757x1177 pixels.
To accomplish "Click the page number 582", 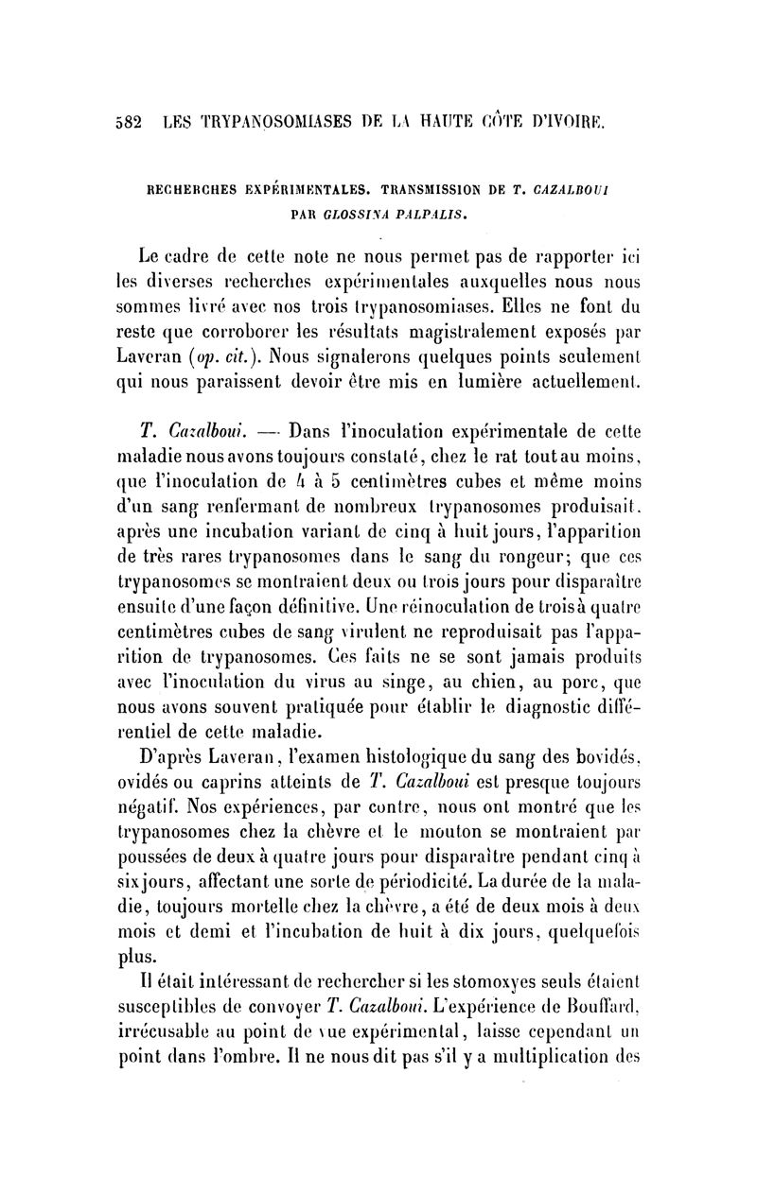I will pos(125,122).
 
